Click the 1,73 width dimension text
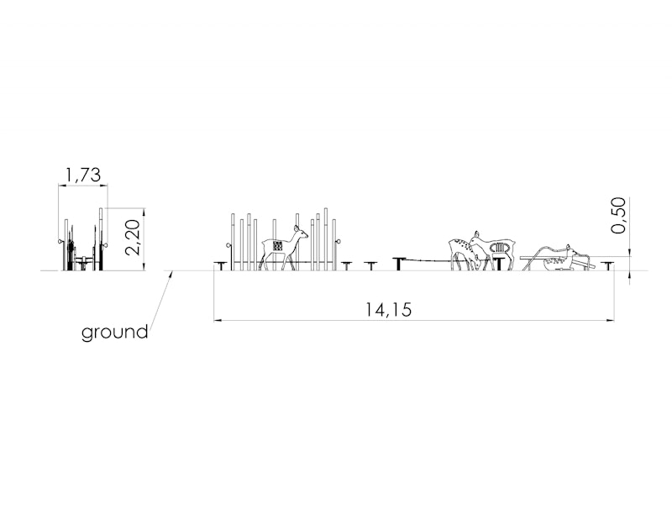tap(83, 176)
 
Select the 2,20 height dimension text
tap(134, 237)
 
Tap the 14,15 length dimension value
tap(388, 309)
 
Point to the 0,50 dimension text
tap(618, 215)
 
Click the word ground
tap(115, 333)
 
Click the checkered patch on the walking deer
tap(277, 245)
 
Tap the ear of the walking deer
tap(297, 228)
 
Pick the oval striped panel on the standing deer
tap(500, 248)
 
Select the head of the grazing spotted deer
tap(476, 262)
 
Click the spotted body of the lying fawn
tap(555, 262)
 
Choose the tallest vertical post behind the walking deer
tap(326, 239)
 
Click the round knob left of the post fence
tap(228, 245)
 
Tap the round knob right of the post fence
tap(339, 242)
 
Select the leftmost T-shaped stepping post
tap(221, 265)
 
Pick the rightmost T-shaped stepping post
tap(607, 265)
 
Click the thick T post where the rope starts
tap(400, 264)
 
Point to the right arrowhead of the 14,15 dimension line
tap(612, 320)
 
